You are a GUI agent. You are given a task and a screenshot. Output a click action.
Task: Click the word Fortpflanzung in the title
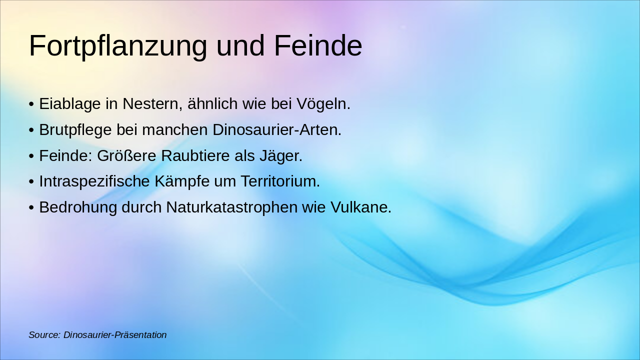[118, 46]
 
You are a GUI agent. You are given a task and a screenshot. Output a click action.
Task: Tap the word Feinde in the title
[318, 46]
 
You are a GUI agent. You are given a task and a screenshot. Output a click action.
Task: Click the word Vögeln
[323, 104]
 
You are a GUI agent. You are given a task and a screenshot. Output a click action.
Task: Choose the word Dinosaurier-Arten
[277, 130]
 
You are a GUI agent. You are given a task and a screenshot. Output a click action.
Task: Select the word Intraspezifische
[95, 181]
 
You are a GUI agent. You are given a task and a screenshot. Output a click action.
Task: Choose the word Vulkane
[361, 207]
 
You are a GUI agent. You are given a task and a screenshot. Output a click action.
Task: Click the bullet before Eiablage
[31, 104]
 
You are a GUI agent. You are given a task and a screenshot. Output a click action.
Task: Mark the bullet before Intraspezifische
[31, 182]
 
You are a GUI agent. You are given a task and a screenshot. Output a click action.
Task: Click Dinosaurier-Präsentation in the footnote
[115, 335]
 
